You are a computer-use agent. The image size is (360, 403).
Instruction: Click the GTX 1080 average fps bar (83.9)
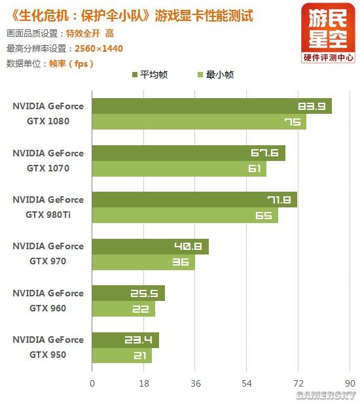[x=211, y=106]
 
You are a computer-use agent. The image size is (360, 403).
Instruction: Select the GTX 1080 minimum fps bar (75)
[x=199, y=122]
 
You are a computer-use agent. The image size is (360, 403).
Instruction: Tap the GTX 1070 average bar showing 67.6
[x=189, y=153]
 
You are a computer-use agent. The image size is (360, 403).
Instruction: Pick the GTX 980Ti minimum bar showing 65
[x=185, y=215]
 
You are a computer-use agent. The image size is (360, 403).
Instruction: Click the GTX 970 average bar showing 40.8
[x=150, y=247]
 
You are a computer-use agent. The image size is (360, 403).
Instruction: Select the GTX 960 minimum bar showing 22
[x=123, y=309]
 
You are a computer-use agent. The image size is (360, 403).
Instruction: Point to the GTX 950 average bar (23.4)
[x=125, y=340]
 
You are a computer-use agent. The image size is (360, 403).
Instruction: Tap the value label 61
[x=255, y=169]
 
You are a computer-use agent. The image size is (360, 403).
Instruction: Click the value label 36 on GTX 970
[x=181, y=262]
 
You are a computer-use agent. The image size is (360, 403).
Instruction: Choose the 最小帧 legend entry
[x=213, y=75]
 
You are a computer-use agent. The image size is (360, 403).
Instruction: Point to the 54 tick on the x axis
[x=247, y=383]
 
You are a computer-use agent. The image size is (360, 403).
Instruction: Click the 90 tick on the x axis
[x=350, y=383]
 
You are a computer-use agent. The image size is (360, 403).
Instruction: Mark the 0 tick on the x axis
[x=92, y=383]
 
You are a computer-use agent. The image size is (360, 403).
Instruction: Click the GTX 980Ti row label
[x=48, y=207]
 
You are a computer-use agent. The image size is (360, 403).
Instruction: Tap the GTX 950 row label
[x=48, y=347]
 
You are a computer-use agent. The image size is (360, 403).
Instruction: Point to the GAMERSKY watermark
[x=325, y=396]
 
